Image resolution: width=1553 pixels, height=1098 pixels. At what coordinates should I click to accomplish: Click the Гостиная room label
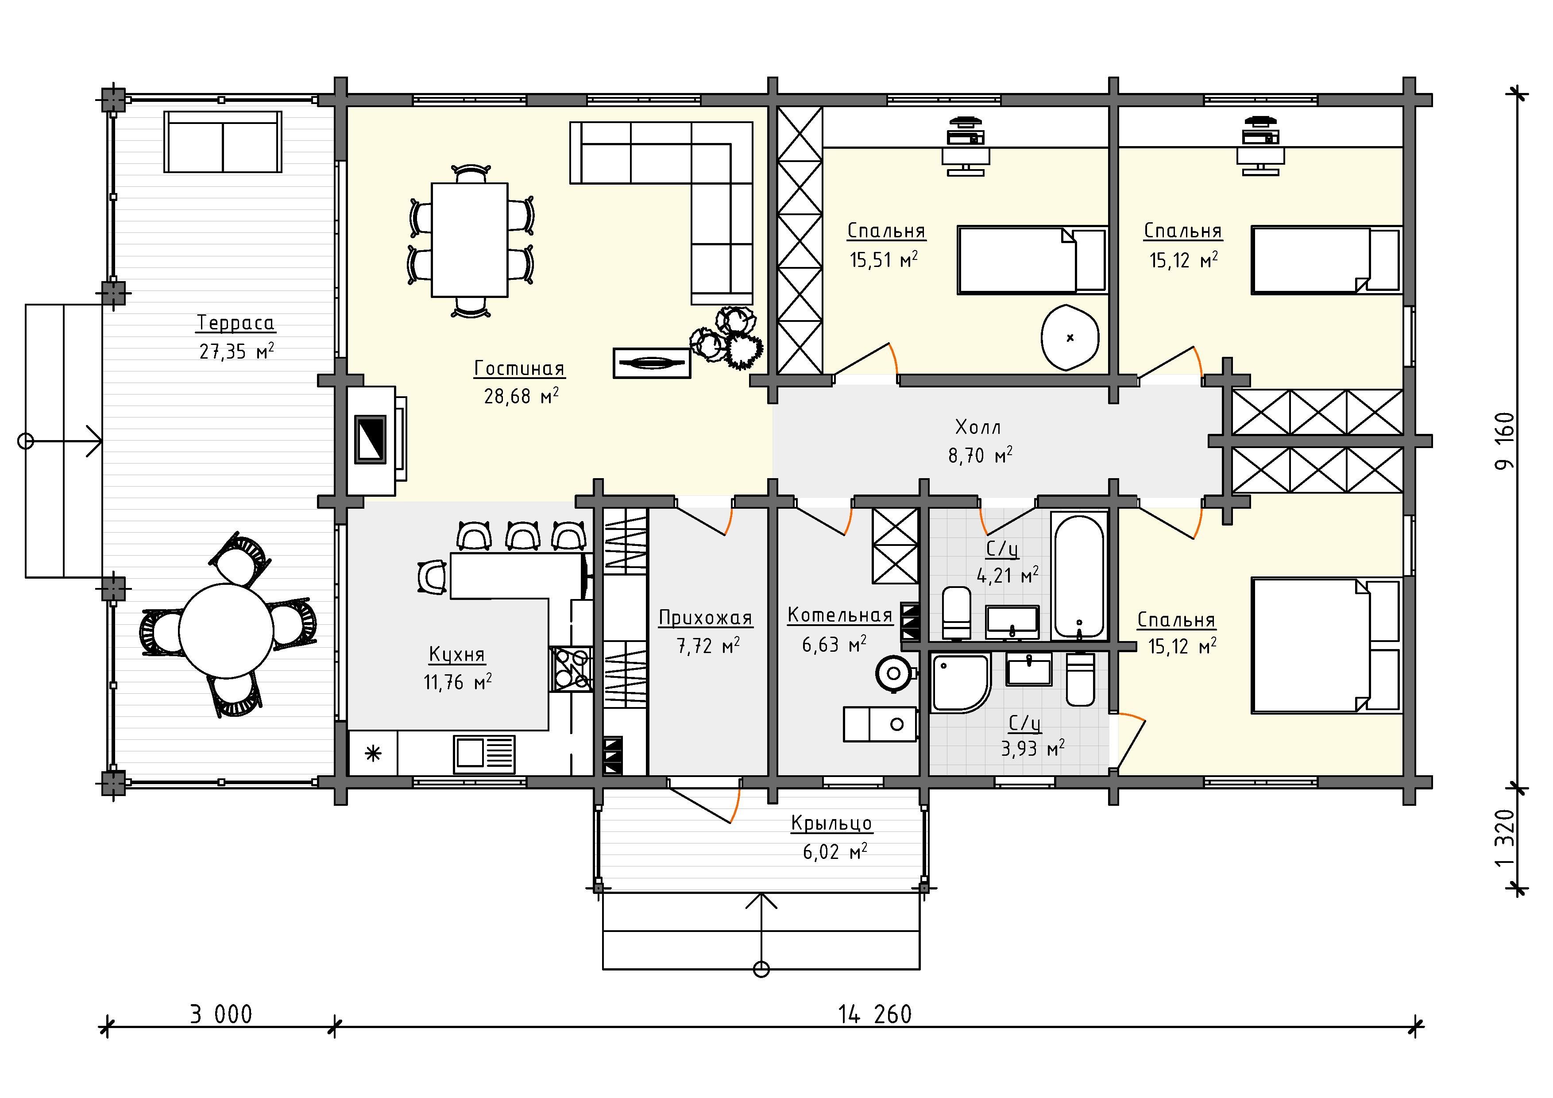[x=519, y=369]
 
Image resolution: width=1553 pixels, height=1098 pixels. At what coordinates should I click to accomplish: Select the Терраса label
[x=236, y=323]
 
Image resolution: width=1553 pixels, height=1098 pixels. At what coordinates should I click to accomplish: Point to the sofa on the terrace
[x=223, y=142]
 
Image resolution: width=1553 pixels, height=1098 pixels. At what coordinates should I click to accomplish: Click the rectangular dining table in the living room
[x=469, y=240]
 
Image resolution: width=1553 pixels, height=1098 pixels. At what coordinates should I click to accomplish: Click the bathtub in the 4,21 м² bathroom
[x=1079, y=576]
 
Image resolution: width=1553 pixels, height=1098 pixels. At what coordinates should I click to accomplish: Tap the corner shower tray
[x=961, y=683]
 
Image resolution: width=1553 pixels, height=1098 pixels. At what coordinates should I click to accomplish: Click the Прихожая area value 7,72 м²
[x=708, y=646]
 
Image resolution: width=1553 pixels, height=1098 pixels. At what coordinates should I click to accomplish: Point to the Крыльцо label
[x=831, y=823]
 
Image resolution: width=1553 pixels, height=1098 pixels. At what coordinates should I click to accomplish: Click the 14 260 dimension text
[x=875, y=1015]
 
